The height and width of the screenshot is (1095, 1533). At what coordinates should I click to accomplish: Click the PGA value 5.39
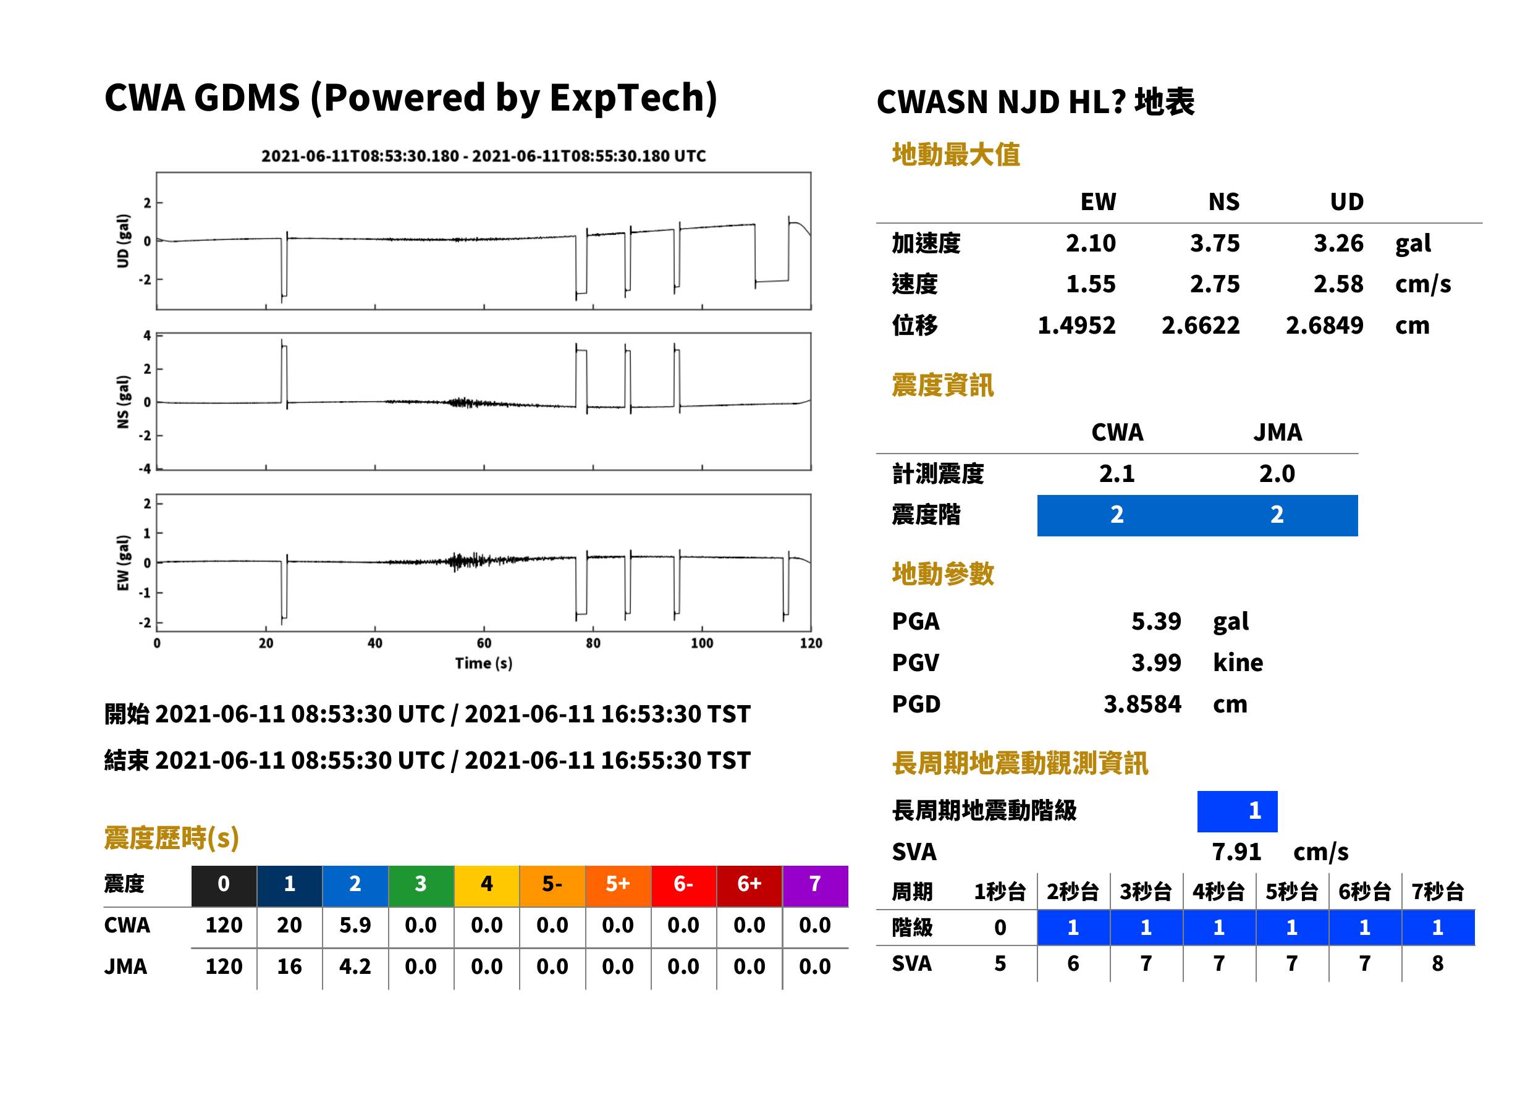point(1155,621)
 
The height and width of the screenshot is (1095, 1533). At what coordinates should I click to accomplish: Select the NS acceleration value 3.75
point(1214,243)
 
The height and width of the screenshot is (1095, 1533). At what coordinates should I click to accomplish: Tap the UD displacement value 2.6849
point(1324,325)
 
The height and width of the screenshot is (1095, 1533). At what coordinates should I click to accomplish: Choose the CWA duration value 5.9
point(355,925)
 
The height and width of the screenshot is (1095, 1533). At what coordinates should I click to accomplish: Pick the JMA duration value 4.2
point(355,966)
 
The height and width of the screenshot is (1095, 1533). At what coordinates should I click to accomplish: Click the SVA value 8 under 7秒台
point(1437,963)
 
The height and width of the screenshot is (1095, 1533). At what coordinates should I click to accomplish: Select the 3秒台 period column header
point(1146,891)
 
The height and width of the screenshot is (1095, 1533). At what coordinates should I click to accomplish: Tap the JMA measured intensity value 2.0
point(1277,473)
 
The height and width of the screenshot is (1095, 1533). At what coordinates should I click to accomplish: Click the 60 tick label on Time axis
point(484,643)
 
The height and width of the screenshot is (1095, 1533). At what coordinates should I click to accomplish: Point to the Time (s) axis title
point(483,664)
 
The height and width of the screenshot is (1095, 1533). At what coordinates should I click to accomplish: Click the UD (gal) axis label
point(123,241)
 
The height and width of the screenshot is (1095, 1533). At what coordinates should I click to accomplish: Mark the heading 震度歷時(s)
point(172,837)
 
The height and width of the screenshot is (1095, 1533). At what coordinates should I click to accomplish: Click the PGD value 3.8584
point(1142,704)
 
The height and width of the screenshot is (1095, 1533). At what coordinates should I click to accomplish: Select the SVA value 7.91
point(1236,852)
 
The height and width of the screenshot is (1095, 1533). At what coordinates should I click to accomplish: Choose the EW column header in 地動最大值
point(1098,201)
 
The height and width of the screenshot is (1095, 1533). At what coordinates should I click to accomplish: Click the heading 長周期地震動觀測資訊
point(1020,763)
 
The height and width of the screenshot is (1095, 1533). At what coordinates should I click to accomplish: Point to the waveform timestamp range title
point(483,156)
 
